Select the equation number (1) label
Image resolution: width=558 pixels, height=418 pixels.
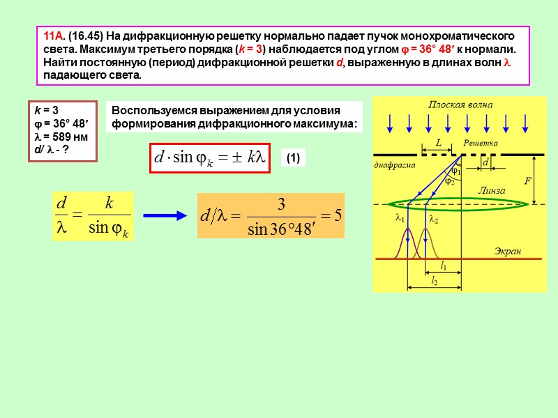click(292, 159)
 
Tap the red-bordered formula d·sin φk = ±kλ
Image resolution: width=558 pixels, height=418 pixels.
click(210, 159)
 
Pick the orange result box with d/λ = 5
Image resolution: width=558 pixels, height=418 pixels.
click(271, 216)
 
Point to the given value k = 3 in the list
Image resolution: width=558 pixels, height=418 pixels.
click(46, 110)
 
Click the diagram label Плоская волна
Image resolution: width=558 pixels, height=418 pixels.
click(460, 104)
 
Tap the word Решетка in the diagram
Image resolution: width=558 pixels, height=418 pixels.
click(481, 143)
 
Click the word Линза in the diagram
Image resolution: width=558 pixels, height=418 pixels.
click(491, 190)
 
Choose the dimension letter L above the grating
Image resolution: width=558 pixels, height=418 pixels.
click(439, 142)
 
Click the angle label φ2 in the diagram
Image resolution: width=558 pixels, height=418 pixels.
click(449, 182)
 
